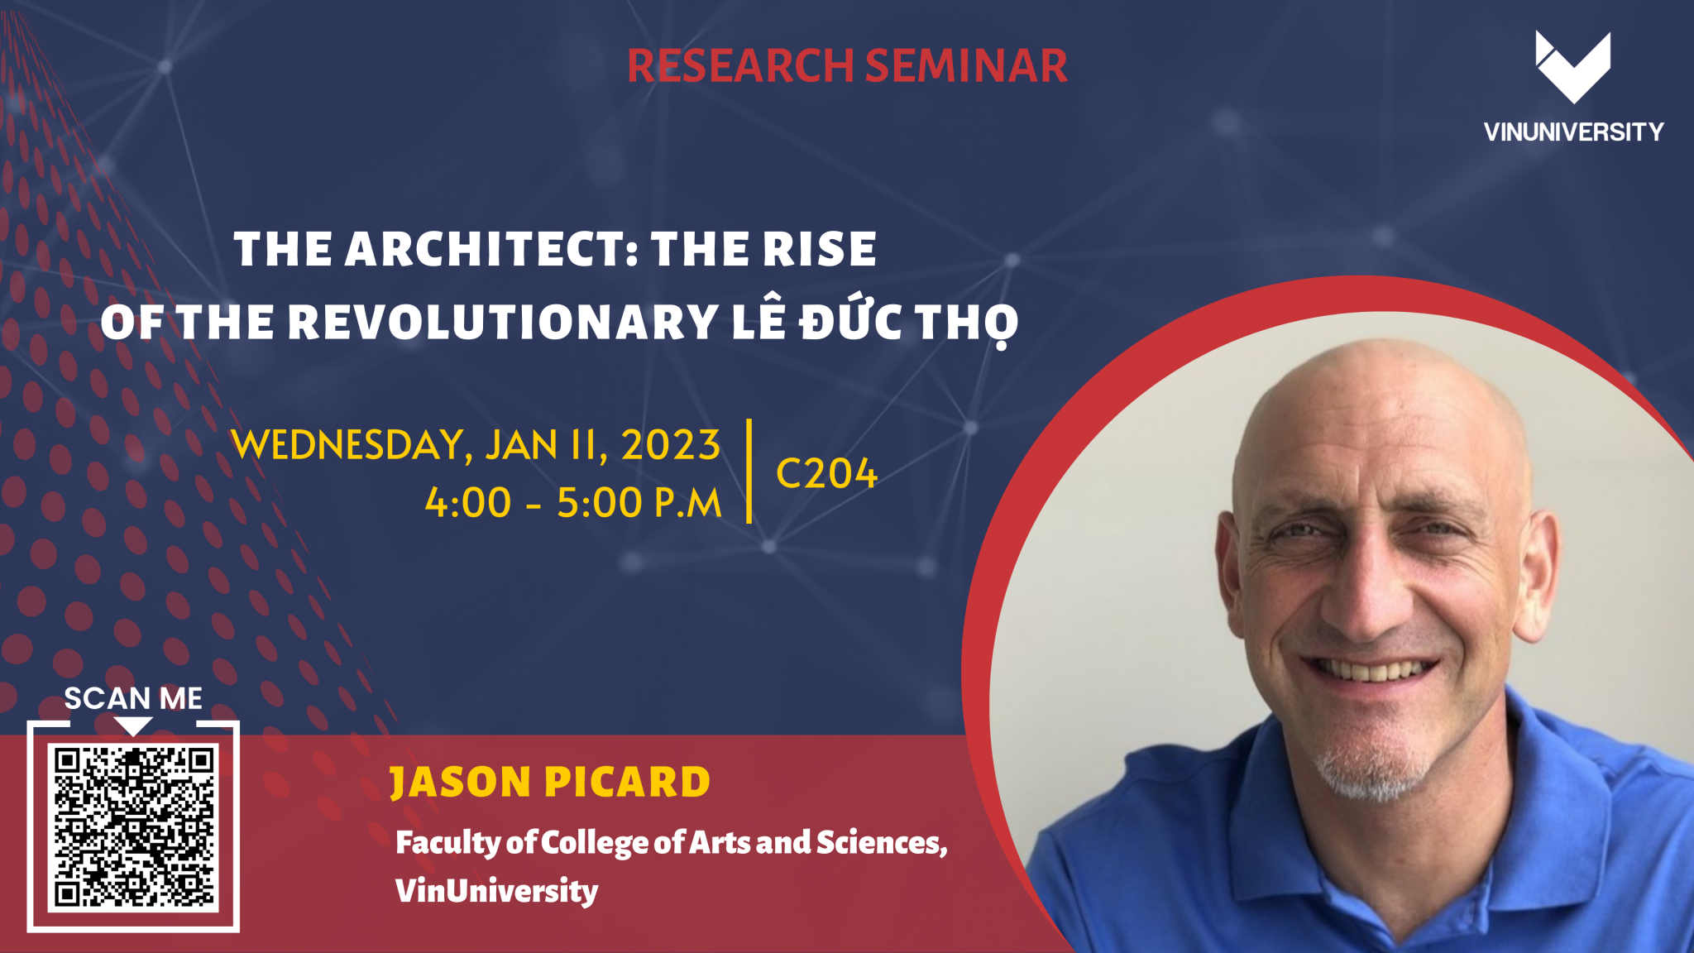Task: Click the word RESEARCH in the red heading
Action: click(x=739, y=66)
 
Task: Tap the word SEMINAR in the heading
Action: click(x=966, y=66)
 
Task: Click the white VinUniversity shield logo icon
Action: click(x=1572, y=66)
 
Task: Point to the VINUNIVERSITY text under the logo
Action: click(x=1573, y=132)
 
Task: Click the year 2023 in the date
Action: click(x=671, y=446)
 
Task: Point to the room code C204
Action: click(x=825, y=474)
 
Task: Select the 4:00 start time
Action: click(x=468, y=503)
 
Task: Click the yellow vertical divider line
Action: click(x=749, y=472)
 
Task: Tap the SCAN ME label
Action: click(x=133, y=699)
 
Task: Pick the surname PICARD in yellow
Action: click(x=628, y=783)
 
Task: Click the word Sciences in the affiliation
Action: click(x=880, y=843)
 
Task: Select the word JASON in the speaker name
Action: click(x=461, y=783)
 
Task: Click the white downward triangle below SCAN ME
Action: click(x=133, y=726)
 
